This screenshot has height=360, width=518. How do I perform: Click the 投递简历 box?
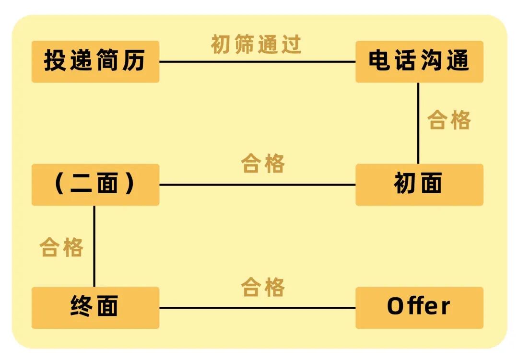pyautogui.click(x=95, y=62)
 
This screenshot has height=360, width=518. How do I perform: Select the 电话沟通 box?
pyautogui.click(x=419, y=62)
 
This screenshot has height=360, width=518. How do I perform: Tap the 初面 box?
pyautogui.click(x=419, y=185)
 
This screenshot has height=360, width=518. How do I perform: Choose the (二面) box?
pyautogui.click(x=95, y=185)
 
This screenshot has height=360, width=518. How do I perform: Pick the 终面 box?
pyautogui.click(x=95, y=307)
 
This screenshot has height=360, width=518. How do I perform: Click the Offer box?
pyautogui.click(x=419, y=307)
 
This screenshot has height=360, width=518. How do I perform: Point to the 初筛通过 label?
pyautogui.click(x=256, y=44)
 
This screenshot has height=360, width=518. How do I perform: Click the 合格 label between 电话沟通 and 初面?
pyautogui.click(x=449, y=120)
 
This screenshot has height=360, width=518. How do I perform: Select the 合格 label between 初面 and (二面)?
pyautogui.click(x=263, y=163)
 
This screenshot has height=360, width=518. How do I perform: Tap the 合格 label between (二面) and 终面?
pyautogui.click(x=61, y=247)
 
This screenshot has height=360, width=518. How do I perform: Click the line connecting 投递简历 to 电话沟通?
pyautogui.click(x=257, y=62)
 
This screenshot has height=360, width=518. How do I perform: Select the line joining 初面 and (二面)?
pyautogui.click(x=257, y=185)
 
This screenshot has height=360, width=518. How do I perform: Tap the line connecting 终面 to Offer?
pyautogui.click(x=257, y=308)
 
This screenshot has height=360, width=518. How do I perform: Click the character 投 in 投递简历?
pyautogui.click(x=55, y=62)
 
